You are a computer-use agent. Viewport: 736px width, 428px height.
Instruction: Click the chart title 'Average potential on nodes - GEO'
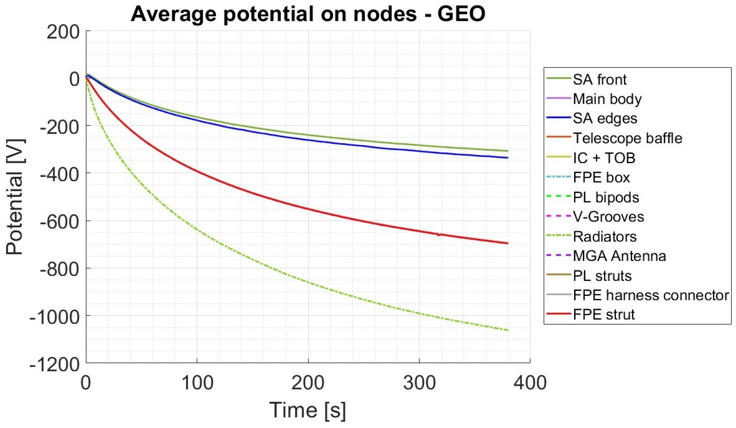[x=308, y=14]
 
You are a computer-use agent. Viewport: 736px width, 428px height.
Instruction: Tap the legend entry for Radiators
[x=604, y=237]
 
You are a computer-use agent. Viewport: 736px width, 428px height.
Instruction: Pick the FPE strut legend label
[x=604, y=315]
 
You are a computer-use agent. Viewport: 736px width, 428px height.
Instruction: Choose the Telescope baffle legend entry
[x=627, y=138]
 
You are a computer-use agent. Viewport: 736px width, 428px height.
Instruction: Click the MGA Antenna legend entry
[x=619, y=256]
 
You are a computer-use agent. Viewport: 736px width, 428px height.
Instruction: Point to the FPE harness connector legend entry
[x=651, y=295]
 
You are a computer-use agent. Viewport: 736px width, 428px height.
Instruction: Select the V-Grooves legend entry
[x=608, y=217]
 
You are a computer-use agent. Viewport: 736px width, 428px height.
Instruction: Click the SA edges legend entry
[x=605, y=119]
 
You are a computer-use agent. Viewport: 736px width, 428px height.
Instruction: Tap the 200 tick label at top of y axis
[x=63, y=32]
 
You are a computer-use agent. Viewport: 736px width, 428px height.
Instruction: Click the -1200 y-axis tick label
[x=55, y=364]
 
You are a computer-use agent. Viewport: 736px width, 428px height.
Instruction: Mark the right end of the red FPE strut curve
[x=508, y=243]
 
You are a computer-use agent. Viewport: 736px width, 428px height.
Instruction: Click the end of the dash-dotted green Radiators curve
[x=508, y=330]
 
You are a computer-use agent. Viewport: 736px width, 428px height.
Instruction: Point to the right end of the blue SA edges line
[x=508, y=158]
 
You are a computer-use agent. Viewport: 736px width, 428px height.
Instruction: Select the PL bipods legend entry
[x=606, y=198]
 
